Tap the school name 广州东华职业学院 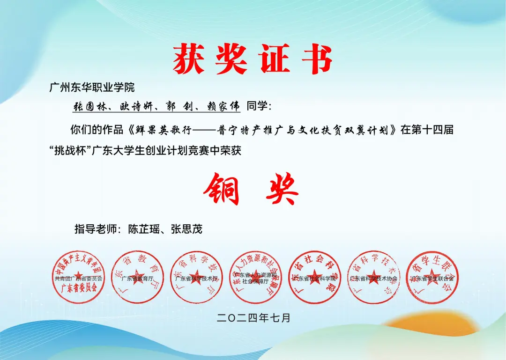tap(92, 87)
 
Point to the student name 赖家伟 tap(222, 107)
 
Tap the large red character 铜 tap(221, 189)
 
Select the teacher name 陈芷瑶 tap(145, 229)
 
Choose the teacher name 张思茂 tap(186, 229)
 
